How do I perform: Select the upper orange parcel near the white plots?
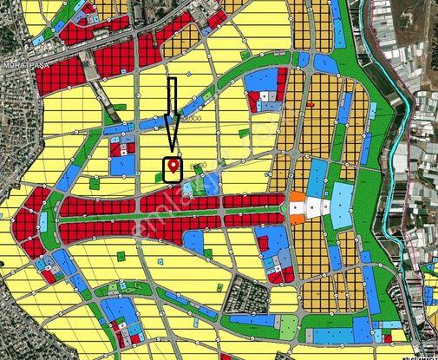pyautogui.click(x=297, y=198)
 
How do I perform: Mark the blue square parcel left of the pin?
pyautogui.click(x=123, y=164)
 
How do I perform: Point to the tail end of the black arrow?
pyautogui.click(x=172, y=81)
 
